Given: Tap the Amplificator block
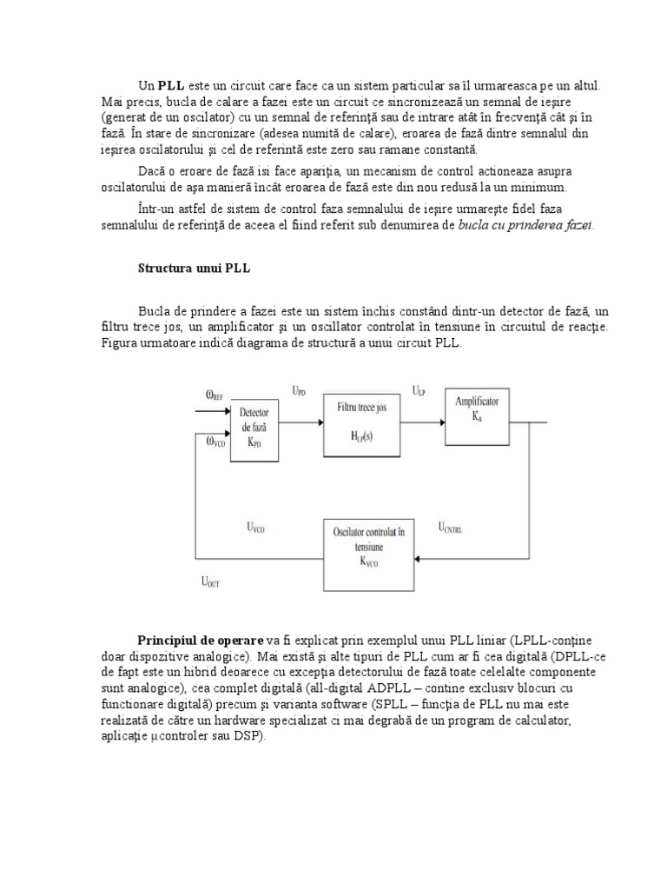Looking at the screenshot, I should [x=477, y=409].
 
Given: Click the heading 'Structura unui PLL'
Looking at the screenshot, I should [x=194, y=269].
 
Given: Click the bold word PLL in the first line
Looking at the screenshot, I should [x=171, y=86].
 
